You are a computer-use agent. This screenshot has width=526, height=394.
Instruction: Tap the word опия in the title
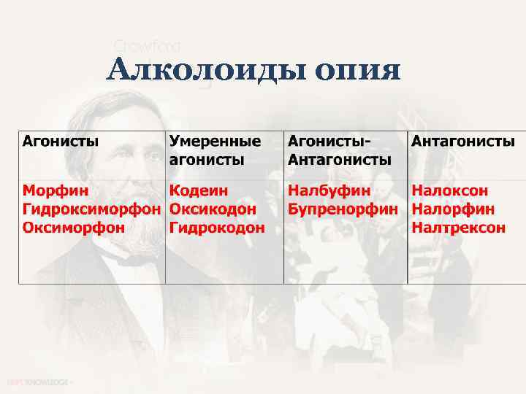tap(359, 72)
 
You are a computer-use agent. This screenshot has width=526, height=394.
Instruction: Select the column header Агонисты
tap(61, 141)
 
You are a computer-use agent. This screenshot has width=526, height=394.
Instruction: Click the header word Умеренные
tap(215, 141)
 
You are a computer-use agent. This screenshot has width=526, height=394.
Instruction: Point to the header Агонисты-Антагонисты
tap(340, 150)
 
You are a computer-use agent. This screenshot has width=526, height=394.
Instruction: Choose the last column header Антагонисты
tap(463, 141)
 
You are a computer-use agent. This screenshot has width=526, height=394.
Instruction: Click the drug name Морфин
tap(56, 190)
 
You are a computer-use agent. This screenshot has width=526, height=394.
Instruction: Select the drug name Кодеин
tap(199, 190)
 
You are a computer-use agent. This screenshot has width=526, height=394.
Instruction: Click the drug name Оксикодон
tap(213, 209)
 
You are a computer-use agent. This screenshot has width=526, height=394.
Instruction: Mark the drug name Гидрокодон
tap(217, 228)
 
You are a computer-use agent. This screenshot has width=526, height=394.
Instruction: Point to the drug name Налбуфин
tap(329, 190)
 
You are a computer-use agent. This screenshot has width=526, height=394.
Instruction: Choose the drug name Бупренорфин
tap(343, 209)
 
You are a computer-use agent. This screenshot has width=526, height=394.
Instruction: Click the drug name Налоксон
tap(450, 190)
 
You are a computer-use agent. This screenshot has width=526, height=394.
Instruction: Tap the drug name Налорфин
tap(453, 209)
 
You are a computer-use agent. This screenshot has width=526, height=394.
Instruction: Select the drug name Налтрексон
tap(458, 228)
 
